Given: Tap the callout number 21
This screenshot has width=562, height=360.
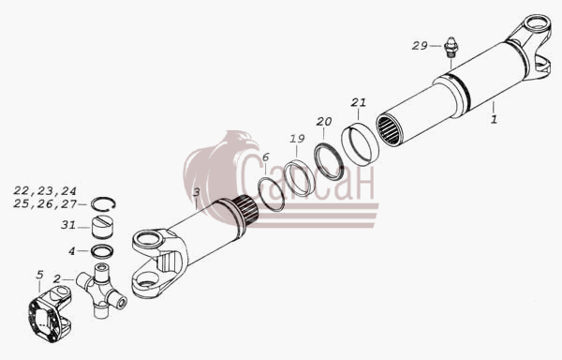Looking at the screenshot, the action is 359,102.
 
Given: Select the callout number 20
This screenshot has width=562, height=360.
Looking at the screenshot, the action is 324,122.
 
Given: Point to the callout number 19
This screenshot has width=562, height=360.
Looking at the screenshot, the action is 297,139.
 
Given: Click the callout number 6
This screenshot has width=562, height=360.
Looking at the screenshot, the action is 266,157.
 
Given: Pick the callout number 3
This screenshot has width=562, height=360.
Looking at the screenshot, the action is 196,192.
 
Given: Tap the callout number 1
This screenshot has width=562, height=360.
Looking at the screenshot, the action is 494,119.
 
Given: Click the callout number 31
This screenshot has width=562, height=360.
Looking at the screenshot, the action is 68,225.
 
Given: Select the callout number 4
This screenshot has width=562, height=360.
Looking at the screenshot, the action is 72,251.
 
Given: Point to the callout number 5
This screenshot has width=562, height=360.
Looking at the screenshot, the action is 39,275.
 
